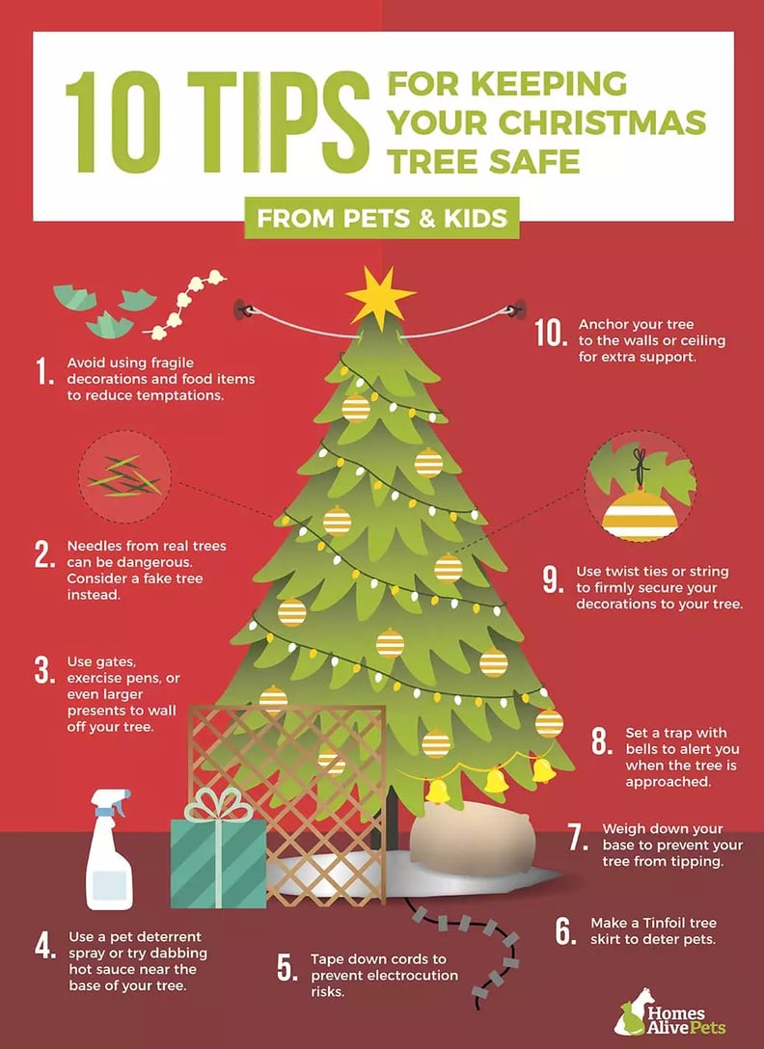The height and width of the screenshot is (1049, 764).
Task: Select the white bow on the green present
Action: coord(218,804)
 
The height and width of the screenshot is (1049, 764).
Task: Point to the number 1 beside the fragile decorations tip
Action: coord(43,372)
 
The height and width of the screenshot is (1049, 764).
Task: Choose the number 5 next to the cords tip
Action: coord(286,968)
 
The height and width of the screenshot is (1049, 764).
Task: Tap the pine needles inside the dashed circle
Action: coord(125,475)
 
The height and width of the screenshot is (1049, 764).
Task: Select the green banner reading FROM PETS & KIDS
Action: coord(382,218)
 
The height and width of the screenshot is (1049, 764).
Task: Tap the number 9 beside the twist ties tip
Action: coord(552,579)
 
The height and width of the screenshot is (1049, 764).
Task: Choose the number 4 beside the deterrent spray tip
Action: coord(45,946)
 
